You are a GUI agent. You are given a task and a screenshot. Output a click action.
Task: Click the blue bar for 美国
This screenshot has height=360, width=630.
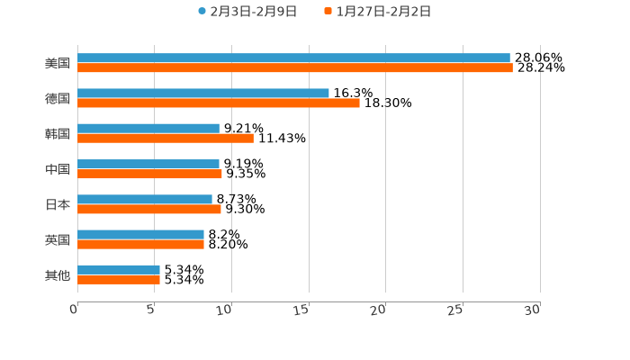[293, 58]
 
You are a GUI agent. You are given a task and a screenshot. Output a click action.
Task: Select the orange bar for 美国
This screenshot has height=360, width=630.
[295, 67]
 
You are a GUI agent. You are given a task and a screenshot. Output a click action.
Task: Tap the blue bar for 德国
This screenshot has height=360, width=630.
[203, 93]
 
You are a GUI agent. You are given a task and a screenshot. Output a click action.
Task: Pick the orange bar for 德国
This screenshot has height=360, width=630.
[219, 103]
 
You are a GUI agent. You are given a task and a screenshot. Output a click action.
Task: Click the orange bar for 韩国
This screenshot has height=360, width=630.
[166, 138]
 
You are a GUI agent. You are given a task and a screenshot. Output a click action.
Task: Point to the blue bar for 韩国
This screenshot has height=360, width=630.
[148, 128]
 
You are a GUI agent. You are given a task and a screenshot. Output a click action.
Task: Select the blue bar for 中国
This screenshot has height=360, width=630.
[148, 164]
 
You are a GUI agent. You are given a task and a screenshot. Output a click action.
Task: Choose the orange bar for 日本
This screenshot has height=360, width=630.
[149, 209]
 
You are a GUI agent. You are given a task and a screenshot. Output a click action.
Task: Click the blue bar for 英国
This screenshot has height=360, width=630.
[140, 234]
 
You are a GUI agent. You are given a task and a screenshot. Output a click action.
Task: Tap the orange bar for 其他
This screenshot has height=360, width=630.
[119, 279]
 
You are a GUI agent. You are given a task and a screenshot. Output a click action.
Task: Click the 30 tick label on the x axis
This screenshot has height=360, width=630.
[533, 310]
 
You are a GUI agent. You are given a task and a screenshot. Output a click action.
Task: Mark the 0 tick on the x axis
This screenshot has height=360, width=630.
[75, 310]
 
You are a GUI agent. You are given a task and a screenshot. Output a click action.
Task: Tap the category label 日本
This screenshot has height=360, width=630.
[58, 204]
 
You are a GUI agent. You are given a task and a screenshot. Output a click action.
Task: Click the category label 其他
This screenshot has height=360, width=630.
[58, 274]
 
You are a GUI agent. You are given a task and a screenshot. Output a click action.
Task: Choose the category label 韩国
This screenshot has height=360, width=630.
[58, 133]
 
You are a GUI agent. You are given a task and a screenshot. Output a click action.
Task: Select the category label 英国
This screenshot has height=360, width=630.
[58, 239]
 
